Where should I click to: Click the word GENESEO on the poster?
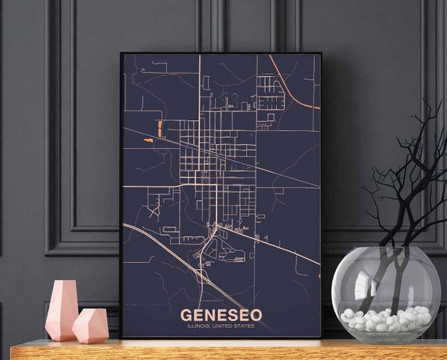point(221,315)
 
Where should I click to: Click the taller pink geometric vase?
point(61,311)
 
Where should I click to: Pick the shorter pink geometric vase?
point(90,325)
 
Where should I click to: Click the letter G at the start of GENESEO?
point(186,315)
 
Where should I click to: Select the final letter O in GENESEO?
point(256,315)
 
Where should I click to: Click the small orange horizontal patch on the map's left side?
point(148,140)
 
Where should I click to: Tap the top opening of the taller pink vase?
point(63,282)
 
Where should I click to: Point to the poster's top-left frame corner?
point(122,54)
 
